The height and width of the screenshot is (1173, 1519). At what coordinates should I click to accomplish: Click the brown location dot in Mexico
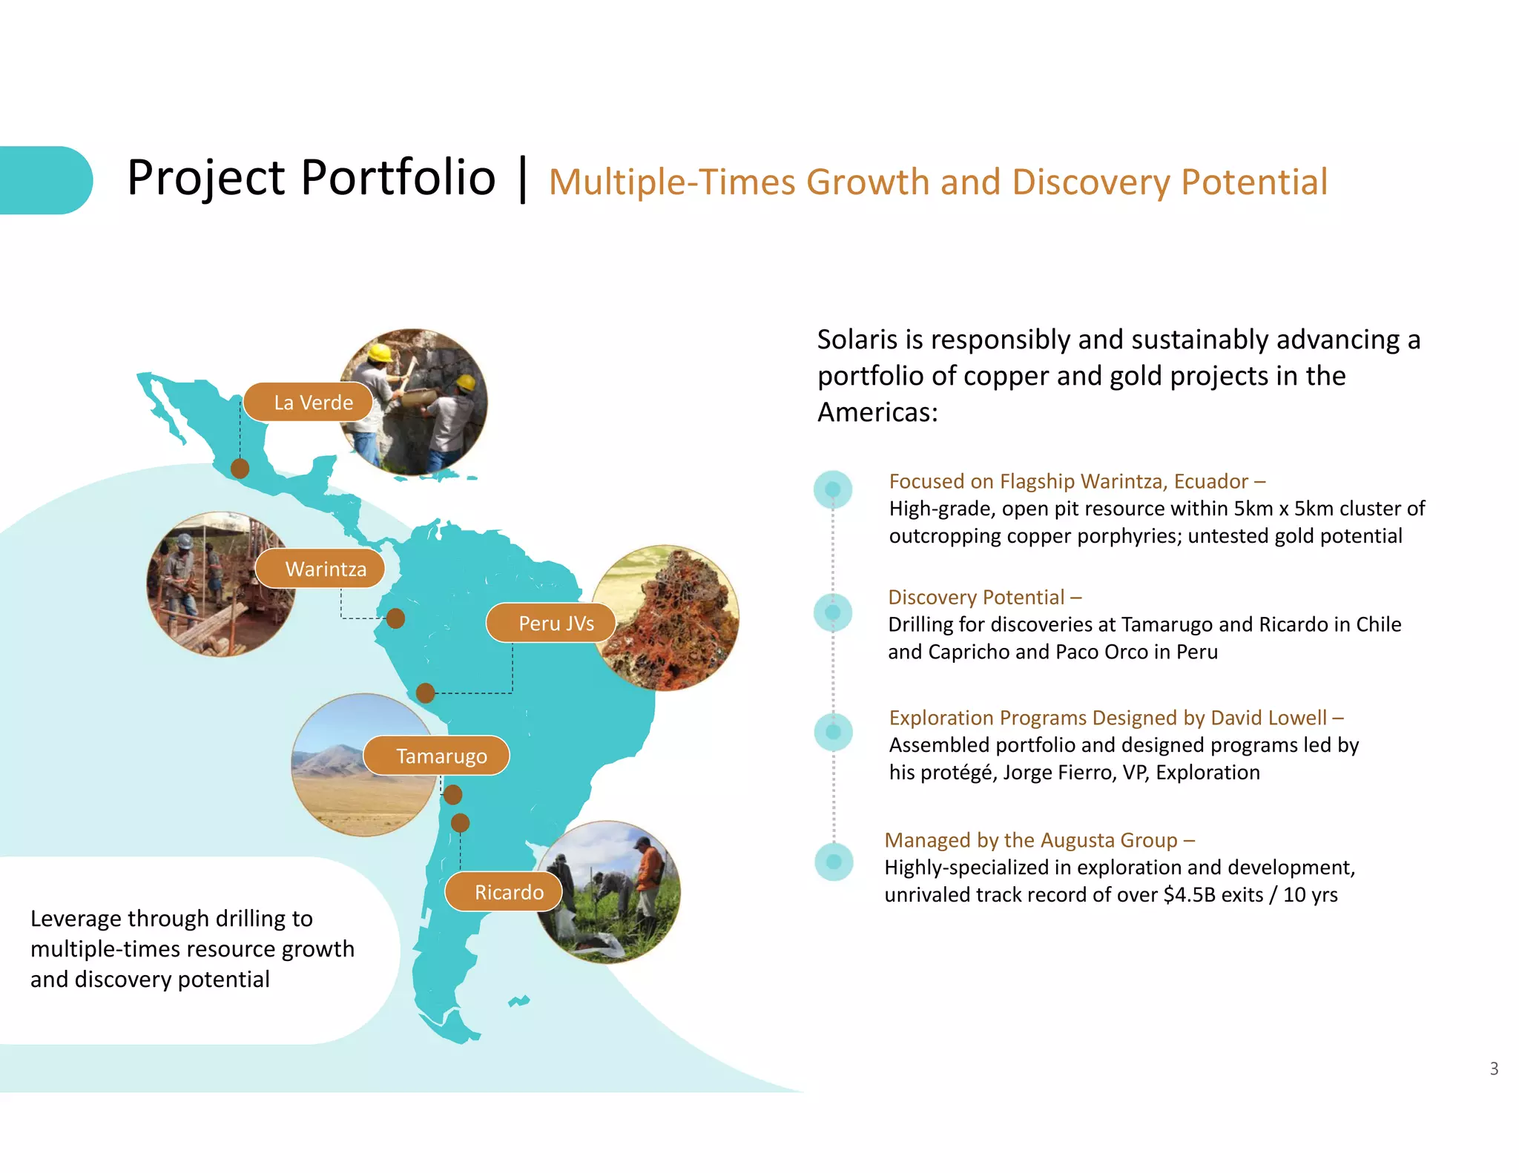pyautogui.click(x=240, y=468)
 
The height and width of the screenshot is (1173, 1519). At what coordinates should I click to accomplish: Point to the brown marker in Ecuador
pyautogui.click(x=395, y=618)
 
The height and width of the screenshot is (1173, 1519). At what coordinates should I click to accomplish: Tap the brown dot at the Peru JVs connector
pyautogui.click(x=425, y=693)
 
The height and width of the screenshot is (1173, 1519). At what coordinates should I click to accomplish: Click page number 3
pyautogui.click(x=1494, y=1068)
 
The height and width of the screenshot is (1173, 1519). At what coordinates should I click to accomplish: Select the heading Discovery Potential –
pyautogui.click(x=984, y=597)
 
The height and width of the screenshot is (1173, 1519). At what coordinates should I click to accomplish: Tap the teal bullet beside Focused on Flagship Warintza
pyautogui.click(x=833, y=489)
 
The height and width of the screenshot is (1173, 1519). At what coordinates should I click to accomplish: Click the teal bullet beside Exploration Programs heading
pyautogui.click(x=833, y=732)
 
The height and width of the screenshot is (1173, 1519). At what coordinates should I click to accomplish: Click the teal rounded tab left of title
pyautogui.click(x=45, y=180)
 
